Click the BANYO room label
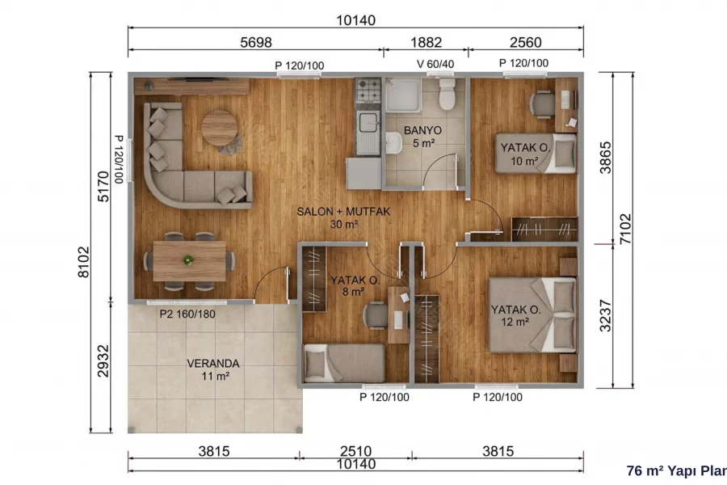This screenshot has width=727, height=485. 422,130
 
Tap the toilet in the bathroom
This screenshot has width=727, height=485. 447,94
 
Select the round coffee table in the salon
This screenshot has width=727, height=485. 219,128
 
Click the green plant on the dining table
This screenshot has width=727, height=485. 188,260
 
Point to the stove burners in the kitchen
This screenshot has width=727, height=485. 368,91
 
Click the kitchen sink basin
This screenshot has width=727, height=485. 369,122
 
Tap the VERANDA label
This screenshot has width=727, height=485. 213,364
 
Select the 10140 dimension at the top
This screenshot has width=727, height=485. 355,20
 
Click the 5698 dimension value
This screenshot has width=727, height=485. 256,43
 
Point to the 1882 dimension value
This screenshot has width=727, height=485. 426,43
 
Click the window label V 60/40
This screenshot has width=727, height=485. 435,64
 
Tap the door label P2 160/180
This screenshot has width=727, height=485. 187,314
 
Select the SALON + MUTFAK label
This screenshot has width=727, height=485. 343,212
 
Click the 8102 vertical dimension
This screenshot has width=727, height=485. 83,262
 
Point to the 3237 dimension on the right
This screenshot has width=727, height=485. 606,315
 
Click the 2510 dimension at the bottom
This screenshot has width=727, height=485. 355,451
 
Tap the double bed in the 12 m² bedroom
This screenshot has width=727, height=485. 533,315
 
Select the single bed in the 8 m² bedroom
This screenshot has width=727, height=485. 344,363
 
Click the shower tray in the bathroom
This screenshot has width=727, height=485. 403,95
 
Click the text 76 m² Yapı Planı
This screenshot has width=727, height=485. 676,470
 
